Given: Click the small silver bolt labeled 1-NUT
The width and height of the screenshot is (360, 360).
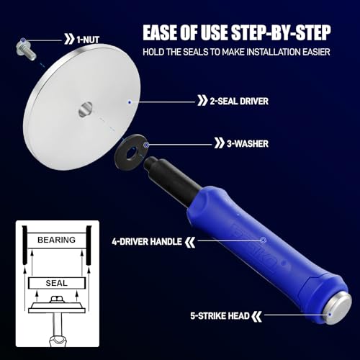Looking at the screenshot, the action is pyautogui.click(x=26, y=50).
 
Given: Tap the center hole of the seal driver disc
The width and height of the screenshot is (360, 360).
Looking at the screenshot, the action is pyautogui.click(x=85, y=109).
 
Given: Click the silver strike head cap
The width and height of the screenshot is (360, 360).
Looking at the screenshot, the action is pyautogui.click(x=338, y=308).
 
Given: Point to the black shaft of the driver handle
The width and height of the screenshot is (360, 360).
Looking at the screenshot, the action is pyautogui.click(x=172, y=177).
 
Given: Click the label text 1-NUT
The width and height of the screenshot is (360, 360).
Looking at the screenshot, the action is pyautogui.click(x=88, y=40).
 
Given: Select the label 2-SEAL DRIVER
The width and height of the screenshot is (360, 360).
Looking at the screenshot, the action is pyautogui.click(x=239, y=101).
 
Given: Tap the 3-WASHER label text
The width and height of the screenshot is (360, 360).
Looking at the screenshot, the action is pyautogui.click(x=248, y=144).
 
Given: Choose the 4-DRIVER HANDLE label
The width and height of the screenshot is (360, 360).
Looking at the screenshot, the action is pyautogui.click(x=147, y=241).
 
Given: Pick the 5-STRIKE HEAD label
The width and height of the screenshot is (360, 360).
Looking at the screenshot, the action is pyautogui.click(x=220, y=316).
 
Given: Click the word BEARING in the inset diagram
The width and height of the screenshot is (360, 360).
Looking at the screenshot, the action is pyautogui.click(x=56, y=240).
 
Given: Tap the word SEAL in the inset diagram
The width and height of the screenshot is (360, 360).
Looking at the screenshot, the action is pyautogui.click(x=57, y=283).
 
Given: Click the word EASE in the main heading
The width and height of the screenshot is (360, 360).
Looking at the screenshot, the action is pyautogui.click(x=160, y=32).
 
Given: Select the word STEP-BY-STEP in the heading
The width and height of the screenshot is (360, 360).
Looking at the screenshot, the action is pyautogui.click(x=281, y=32).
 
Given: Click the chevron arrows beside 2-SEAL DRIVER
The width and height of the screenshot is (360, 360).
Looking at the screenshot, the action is pyautogui.click(x=202, y=101).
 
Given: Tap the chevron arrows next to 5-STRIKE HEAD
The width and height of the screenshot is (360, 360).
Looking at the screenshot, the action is pyautogui.click(x=256, y=316).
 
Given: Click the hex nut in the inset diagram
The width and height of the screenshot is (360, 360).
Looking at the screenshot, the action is pyautogui.click(x=57, y=300).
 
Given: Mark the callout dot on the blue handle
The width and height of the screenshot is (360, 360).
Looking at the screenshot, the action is pyautogui.click(x=264, y=240).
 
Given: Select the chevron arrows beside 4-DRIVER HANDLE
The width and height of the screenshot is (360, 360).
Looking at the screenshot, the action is pyautogui.click(x=190, y=242).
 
